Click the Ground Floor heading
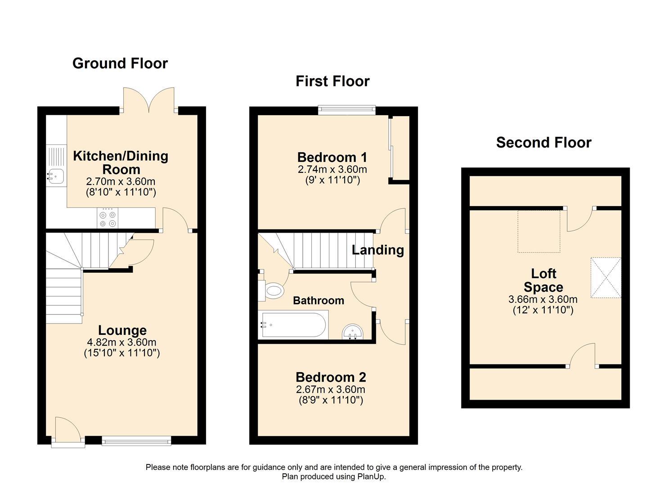click(120, 63)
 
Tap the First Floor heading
click(332, 81)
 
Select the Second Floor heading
click(543, 143)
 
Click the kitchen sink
click(56, 176)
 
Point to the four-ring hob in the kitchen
click(108, 218)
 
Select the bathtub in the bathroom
click(292, 324)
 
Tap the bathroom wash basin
click(353, 333)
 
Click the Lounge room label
click(122, 331)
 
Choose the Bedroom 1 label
click(332, 157)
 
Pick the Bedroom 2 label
click(331, 377)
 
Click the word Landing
click(377, 250)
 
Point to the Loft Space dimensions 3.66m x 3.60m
click(543, 299)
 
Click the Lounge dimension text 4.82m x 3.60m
click(122, 342)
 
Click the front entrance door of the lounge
click(67, 432)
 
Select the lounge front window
click(136, 441)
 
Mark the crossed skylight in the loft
click(605, 277)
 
